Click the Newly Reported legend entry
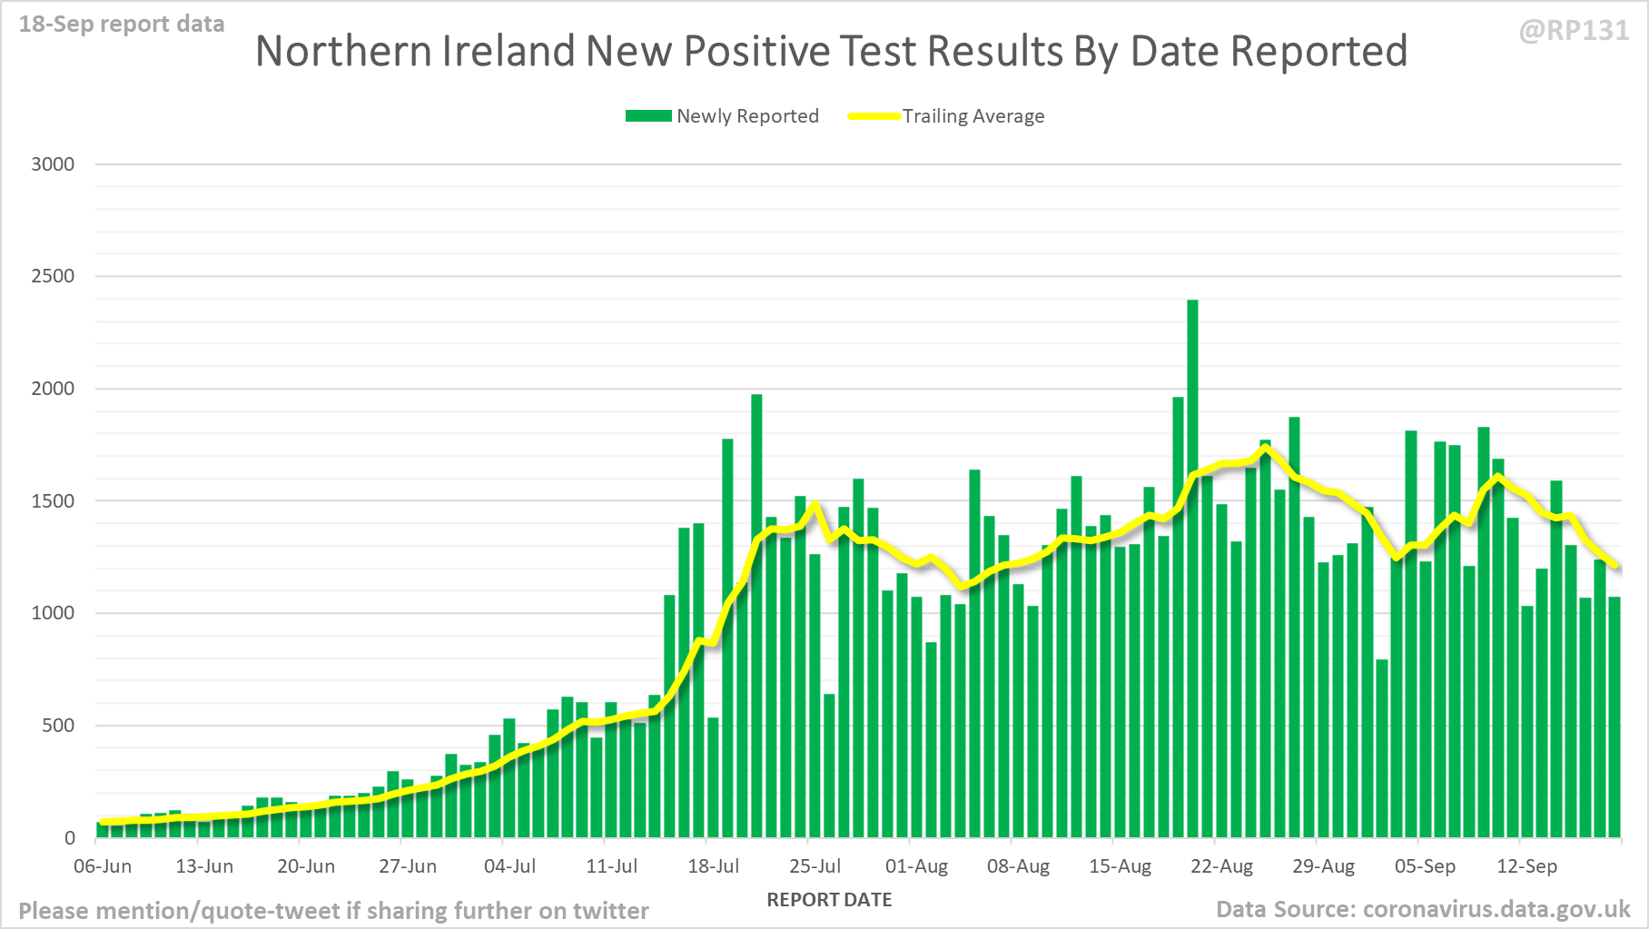[722, 116]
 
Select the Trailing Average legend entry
[946, 116]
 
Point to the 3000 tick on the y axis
[53, 164]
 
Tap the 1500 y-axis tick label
[53, 501]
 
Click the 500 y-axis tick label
[58, 726]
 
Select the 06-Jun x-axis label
[103, 866]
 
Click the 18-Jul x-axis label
[714, 866]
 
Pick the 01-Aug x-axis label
[916, 866]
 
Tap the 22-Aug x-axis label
[1221, 866]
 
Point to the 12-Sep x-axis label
[1526, 866]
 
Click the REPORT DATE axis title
[829, 900]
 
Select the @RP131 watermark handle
[1574, 31]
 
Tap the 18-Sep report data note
[122, 25]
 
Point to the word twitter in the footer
[610, 911]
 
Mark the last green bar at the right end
[1614, 717]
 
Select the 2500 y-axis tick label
[53, 276]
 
